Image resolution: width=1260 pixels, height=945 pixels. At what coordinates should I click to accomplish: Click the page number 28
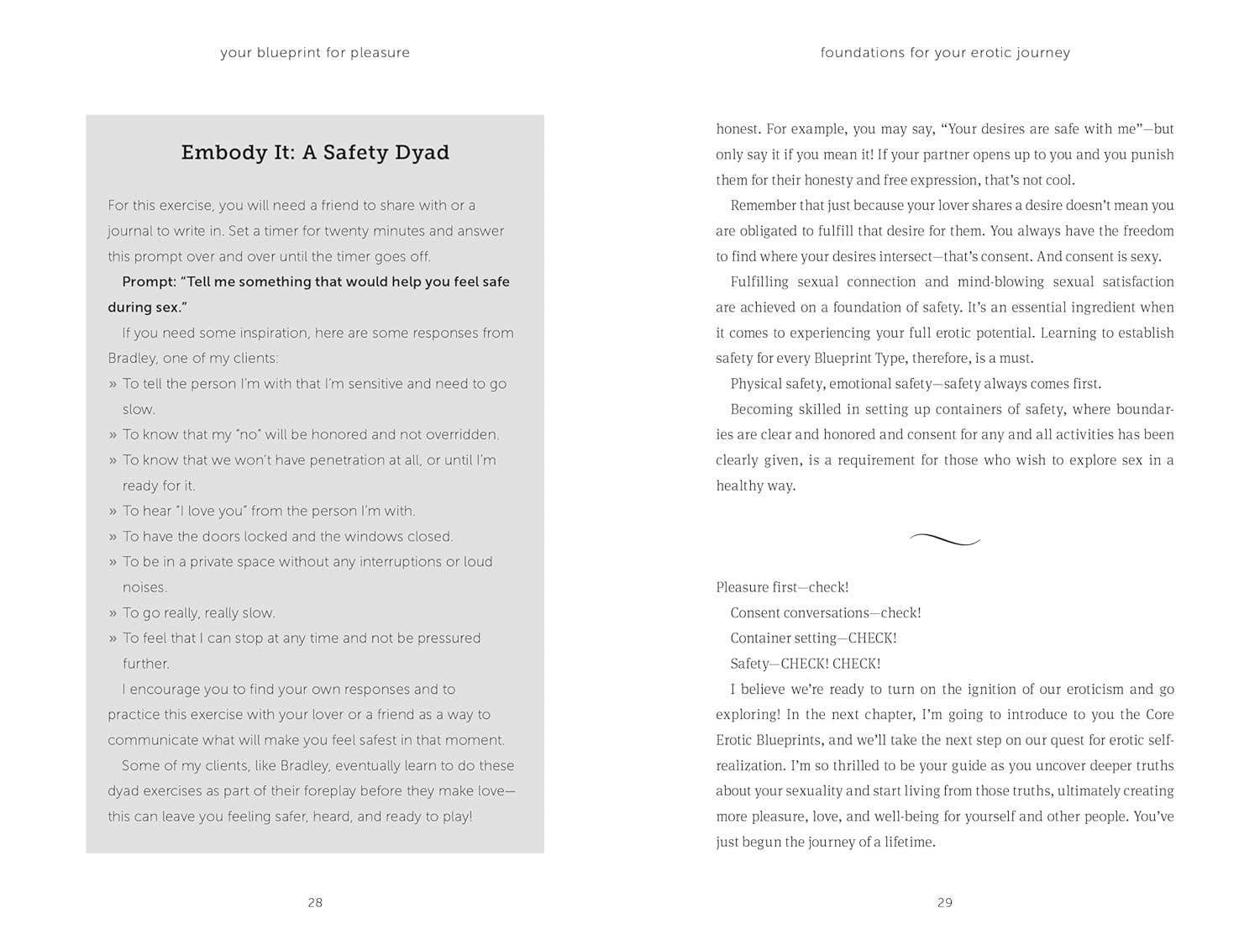click(x=315, y=902)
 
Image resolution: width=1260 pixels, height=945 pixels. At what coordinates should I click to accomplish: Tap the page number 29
click(x=945, y=902)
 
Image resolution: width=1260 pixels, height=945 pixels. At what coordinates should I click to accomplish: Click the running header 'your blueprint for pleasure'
click(x=315, y=52)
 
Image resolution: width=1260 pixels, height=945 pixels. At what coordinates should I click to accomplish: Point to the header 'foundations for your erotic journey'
click(x=945, y=52)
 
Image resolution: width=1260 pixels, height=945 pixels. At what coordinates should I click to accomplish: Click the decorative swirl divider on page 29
click(x=945, y=539)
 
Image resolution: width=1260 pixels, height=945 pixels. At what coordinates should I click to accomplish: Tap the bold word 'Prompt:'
click(x=149, y=282)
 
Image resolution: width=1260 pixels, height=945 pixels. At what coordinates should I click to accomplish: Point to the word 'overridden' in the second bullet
click(x=461, y=435)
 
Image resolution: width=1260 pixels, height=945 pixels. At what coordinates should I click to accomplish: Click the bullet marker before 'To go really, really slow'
click(x=113, y=613)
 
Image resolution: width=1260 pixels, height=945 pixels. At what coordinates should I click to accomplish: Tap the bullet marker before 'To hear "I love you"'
click(x=113, y=512)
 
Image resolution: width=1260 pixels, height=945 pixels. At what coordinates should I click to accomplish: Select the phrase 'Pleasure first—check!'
click(x=782, y=587)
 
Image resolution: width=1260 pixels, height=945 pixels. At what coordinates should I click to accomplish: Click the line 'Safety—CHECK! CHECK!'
click(x=805, y=664)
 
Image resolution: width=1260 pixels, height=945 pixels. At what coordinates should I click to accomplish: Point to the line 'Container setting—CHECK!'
click(x=813, y=638)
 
